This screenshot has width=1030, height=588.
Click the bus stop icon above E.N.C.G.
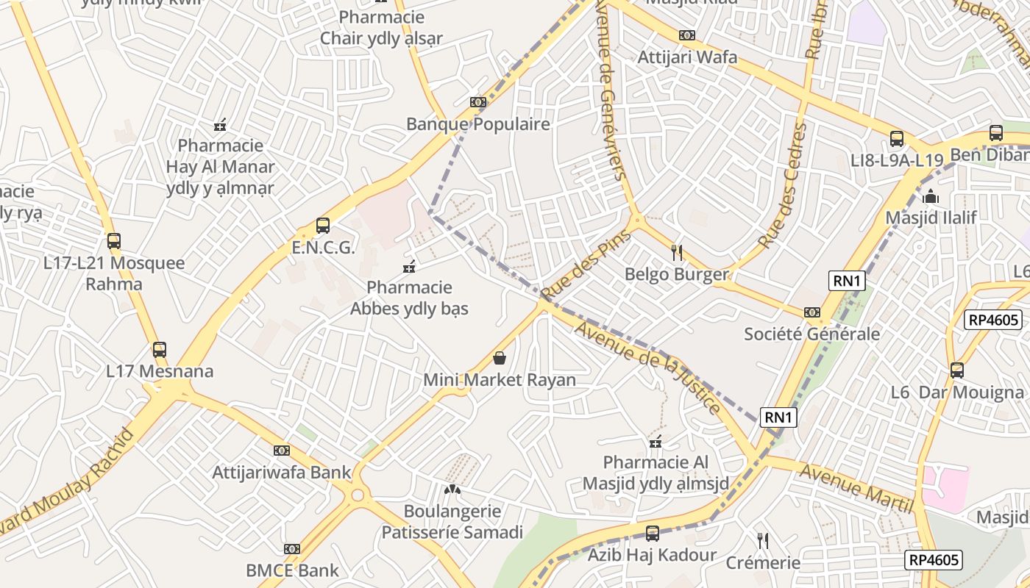[322, 226]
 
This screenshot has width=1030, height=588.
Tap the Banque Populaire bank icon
[478, 102]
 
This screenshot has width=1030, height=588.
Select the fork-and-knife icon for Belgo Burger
[677, 253]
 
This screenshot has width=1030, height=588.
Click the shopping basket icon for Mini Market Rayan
[500, 358]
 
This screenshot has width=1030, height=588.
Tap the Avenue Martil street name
[856, 488]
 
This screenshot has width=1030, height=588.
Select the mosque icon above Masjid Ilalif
[931, 196]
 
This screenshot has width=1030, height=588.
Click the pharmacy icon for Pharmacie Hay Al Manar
[220, 124]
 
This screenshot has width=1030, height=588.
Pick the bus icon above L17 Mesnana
[160, 350]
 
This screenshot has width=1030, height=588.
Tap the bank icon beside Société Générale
[811, 312]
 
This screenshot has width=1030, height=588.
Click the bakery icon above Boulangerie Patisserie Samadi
[452, 489]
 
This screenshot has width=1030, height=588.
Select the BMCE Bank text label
[293, 570]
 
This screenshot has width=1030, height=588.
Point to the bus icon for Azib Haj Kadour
[652, 534]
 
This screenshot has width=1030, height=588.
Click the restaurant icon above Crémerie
[763, 541]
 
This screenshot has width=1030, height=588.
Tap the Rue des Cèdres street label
[782, 185]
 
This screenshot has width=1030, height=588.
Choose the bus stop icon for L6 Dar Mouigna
[956, 370]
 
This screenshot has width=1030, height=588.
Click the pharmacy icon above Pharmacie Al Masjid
[656, 442]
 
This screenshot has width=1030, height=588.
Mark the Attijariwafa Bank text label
[282, 472]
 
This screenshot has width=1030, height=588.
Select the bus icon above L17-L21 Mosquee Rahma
[113, 241]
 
